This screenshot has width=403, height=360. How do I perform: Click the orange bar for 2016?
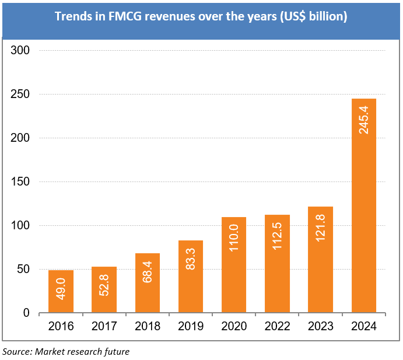[61, 292]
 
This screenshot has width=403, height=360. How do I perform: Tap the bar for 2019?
[190, 277]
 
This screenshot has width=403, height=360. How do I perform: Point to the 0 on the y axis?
[26, 313]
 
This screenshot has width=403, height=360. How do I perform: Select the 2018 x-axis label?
[148, 327]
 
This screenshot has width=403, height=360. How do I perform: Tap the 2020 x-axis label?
[234, 327]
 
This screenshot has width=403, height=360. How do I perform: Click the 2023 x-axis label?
[320, 327]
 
